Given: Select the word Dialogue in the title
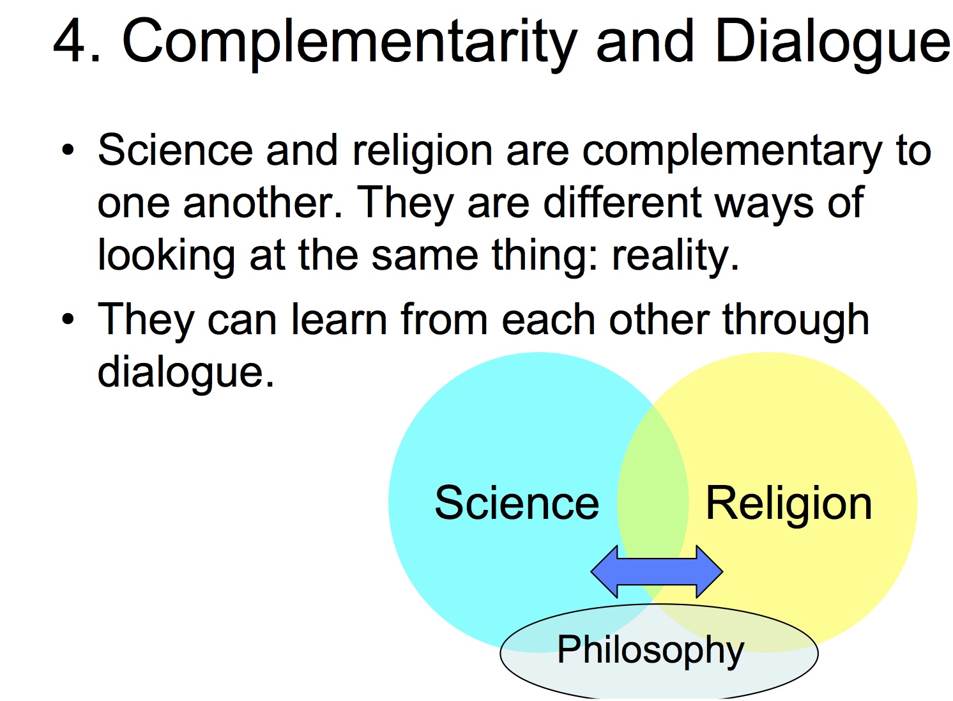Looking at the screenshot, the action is coord(833,45).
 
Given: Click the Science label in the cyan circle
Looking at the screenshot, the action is coord(517,503).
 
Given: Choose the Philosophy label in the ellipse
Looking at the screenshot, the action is coord(650,651).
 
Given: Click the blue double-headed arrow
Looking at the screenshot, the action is coord(657,572).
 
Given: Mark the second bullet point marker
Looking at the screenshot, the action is coord(68,320).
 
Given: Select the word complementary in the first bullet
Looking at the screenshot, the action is coord(731,152).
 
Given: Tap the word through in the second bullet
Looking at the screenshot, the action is coord(795,321).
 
